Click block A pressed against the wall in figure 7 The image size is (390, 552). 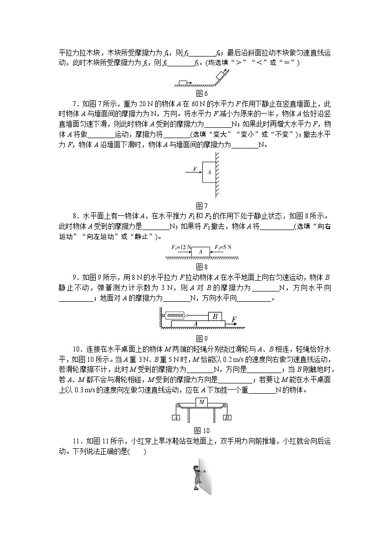(210, 172)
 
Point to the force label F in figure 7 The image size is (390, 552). (195, 169)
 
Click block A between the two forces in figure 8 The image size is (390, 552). (200, 251)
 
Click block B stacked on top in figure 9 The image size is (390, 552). (215, 316)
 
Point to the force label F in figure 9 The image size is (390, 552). (234, 320)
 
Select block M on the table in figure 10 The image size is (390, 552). (201, 402)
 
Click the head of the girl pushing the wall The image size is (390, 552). (197, 464)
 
